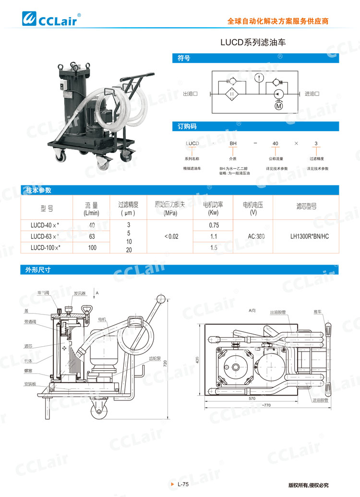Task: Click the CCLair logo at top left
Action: pos(53,18)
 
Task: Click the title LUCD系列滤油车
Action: pos(253,42)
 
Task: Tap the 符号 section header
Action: pos(184,58)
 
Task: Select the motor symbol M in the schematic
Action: pos(279,106)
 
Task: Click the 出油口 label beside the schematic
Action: pos(191,94)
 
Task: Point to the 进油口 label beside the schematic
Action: pos(312,94)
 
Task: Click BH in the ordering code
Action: pos(233,144)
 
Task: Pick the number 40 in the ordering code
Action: pos(275,144)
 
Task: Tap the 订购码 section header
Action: pos(187,126)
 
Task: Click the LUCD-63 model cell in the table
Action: pos(46,236)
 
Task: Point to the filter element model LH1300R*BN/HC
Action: pos(310,236)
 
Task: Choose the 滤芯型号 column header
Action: pos(307,207)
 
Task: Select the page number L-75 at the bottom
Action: pos(181,485)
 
